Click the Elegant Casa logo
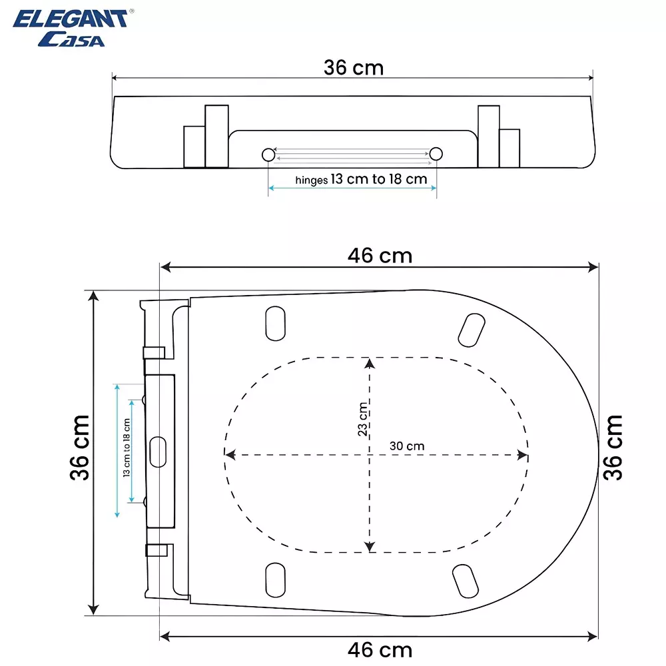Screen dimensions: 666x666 70,28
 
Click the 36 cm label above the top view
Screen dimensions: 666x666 354,67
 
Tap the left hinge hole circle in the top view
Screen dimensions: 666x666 268,155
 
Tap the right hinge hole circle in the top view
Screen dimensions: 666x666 436,155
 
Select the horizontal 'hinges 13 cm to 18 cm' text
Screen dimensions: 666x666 361,179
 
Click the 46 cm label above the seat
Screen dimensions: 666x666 380,255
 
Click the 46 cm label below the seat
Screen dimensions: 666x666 380,649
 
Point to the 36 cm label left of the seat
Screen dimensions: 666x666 79,448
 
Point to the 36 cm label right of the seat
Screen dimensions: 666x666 613,448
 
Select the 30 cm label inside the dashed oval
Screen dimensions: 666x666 407,446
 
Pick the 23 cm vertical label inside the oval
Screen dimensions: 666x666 362,420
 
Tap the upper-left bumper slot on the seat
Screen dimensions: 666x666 274,323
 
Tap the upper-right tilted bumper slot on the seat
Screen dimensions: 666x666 472,328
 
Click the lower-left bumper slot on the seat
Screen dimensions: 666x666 274,579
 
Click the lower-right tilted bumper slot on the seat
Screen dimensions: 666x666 464,581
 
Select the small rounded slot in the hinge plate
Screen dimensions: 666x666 159,452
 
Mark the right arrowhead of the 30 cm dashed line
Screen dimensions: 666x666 523,456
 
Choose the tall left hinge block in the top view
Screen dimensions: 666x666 216,136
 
